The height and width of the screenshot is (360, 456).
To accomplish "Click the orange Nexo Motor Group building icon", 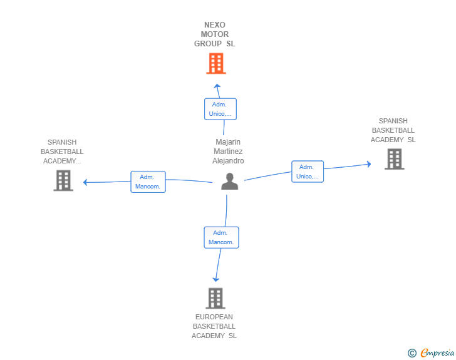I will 215,63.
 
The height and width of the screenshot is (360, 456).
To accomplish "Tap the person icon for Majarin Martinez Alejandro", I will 230,181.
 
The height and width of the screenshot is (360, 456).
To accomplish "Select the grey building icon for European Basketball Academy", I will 215,298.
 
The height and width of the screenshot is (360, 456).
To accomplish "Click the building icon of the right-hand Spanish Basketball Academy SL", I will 393,159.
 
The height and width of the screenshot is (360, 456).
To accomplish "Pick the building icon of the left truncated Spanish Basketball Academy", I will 63,180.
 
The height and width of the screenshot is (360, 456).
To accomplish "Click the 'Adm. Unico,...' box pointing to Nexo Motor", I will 220,109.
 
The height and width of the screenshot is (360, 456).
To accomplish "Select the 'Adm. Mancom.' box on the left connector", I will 148,182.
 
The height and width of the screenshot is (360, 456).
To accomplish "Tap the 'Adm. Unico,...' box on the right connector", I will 307,172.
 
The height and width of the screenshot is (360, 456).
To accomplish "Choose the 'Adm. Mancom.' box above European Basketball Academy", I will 221,237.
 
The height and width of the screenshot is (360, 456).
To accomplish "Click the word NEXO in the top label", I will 215,25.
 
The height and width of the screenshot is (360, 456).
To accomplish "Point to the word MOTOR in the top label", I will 215,34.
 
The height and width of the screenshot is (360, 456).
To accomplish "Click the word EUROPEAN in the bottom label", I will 214,317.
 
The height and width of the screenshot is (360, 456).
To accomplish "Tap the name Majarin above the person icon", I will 228,142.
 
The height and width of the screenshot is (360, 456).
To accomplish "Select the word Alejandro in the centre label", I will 228,161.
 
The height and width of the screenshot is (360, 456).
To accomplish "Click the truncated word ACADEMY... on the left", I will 62,161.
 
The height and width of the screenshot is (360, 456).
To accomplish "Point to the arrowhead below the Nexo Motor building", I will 217,86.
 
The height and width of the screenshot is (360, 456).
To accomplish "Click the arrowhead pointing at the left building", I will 86,182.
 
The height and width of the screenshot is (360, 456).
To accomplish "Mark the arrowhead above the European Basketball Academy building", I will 216,279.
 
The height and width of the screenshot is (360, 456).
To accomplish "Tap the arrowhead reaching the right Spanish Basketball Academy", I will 369,165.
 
